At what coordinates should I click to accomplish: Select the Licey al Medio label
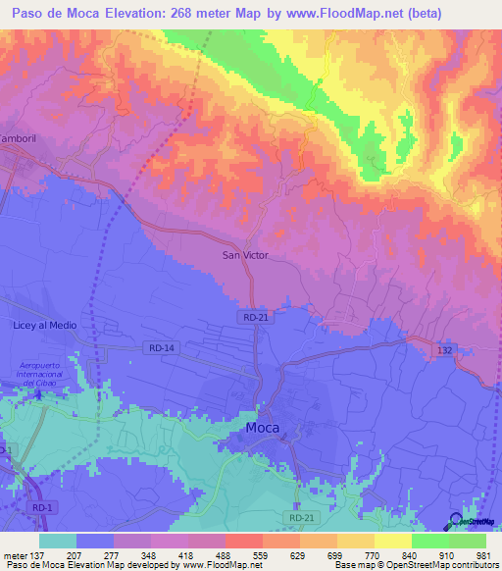click(x=44, y=325)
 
